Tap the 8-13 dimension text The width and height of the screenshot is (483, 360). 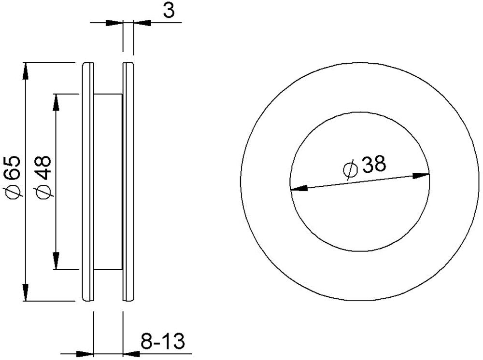[x=163, y=341]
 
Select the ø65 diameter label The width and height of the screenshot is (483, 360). [x=13, y=178]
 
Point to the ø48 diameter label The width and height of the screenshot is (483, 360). [x=44, y=178]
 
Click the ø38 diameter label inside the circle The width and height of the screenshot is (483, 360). [x=365, y=166]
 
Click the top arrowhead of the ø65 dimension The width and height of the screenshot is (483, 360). [x=26, y=70]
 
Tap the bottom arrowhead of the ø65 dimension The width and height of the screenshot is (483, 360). [x=26, y=292]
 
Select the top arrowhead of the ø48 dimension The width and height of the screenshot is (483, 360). [x=56, y=102]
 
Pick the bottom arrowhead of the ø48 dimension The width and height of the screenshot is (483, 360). [x=56, y=261]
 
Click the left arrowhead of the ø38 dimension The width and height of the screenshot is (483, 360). [x=299, y=187]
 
